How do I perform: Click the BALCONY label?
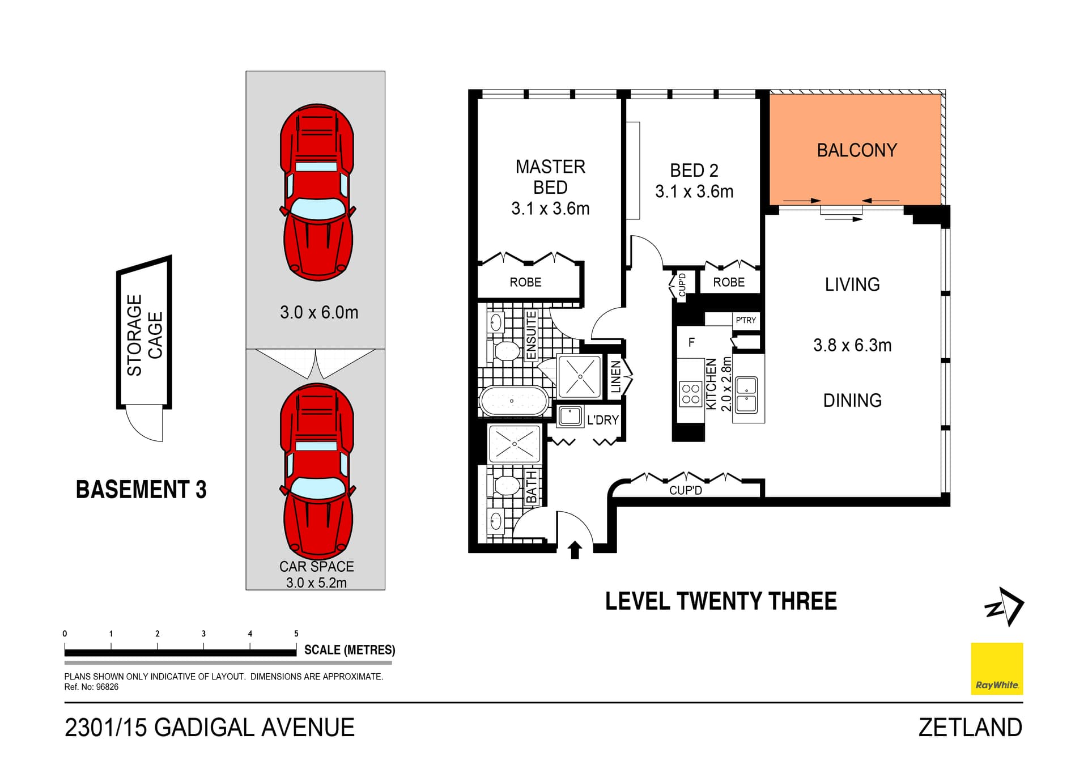click(857, 150)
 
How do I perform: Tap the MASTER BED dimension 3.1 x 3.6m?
click(550, 209)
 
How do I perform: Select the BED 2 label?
click(694, 170)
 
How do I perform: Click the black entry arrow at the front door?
click(575, 550)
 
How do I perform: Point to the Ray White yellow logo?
click(997, 669)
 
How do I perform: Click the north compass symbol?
click(1005, 606)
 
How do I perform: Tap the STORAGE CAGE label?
click(144, 335)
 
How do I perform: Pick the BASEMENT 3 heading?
click(141, 490)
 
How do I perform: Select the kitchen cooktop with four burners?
click(691, 394)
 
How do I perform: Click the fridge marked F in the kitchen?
click(691, 342)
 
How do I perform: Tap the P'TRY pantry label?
click(746, 320)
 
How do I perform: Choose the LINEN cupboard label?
click(616, 377)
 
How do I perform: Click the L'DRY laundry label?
click(603, 420)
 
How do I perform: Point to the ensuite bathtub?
click(514, 401)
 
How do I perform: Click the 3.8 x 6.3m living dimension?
click(852, 345)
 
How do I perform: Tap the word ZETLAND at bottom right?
click(970, 728)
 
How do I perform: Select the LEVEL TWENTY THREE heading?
click(721, 601)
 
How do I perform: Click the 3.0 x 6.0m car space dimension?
click(319, 312)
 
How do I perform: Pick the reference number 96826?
click(107, 687)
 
